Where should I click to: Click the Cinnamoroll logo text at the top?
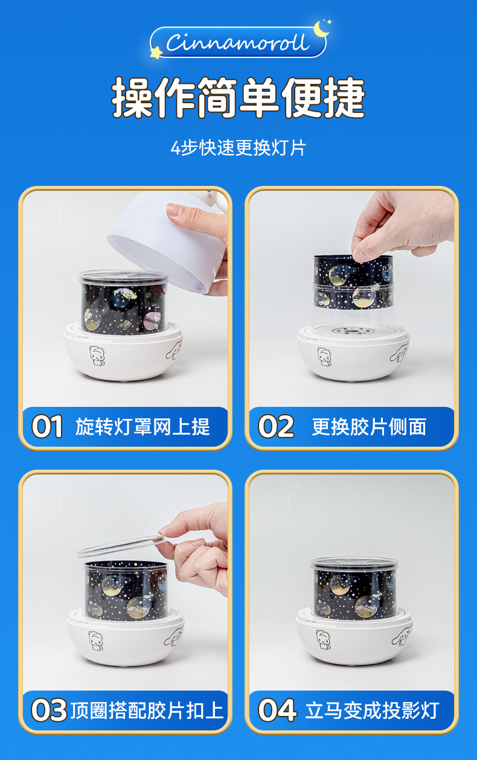[237, 42]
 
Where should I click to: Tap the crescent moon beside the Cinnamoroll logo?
[321, 29]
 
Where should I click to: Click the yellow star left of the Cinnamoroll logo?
[156, 53]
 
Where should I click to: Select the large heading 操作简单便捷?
[238, 97]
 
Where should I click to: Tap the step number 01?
[47, 427]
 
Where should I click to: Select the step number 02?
[276, 427]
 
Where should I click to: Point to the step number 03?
[49, 710]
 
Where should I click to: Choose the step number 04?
[277, 710]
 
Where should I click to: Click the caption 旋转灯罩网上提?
[142, 427]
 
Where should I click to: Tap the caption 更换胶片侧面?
[369, 427]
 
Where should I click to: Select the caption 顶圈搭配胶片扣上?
[147, 710]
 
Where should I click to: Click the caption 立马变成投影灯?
[372, 710]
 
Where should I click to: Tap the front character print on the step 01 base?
[97, 356]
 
